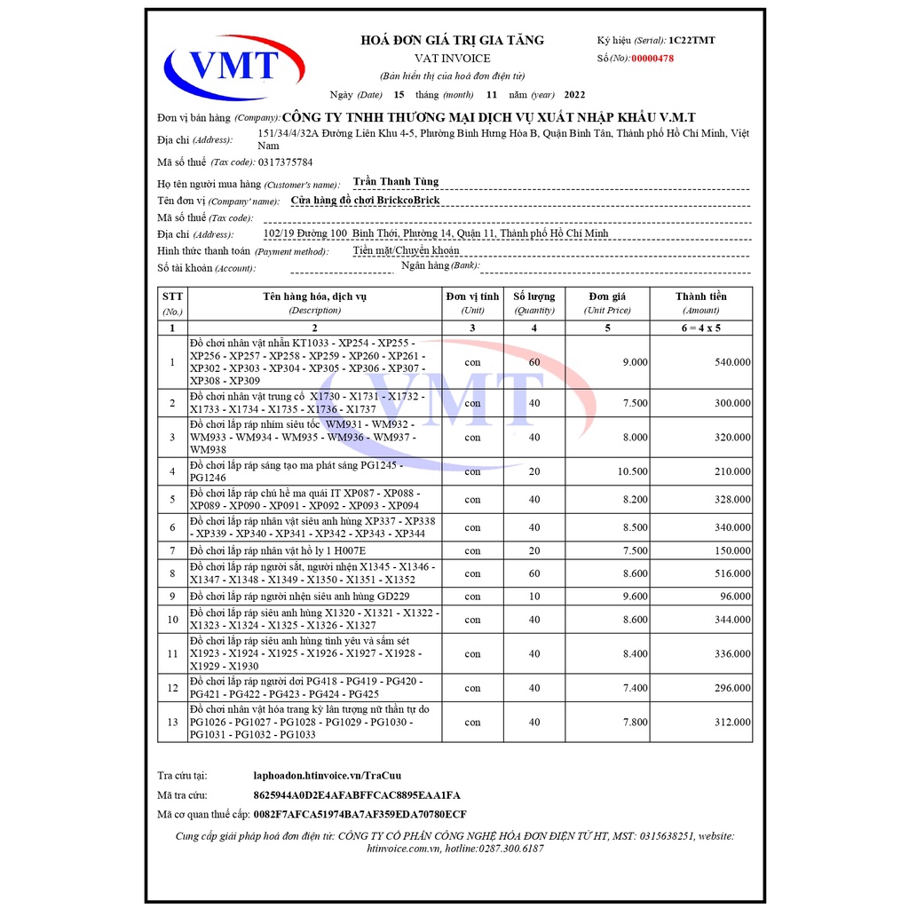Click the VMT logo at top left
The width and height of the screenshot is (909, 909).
pyautogui.click(x=233, y=64)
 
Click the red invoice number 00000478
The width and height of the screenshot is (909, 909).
pyautogui.click(x=652, y=58)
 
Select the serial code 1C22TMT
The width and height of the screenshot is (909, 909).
pyautogui.click(x=692, y=40)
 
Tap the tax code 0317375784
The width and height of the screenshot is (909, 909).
pyautogui.click(x=285, y=162)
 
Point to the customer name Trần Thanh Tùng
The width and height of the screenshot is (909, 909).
pyautogui.click(x=396, y=182)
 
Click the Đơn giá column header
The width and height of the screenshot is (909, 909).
pyautogui.click(x=607, y=296)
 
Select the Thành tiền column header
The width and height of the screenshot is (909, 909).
pyautogui.click(x=700, y=296)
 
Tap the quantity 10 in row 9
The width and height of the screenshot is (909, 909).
pyautogui.click(x=534, y=597)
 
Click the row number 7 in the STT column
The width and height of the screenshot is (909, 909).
pyautogui.click(x=172, y=550)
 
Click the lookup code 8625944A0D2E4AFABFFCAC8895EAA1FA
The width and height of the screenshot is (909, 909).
pyautogui.click(x=357, y=794)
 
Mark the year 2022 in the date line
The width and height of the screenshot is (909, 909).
pyautogui.click(x=574, y=95)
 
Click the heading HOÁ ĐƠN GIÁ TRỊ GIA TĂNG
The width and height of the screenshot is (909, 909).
pyautogui.click(x=452, y=40)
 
